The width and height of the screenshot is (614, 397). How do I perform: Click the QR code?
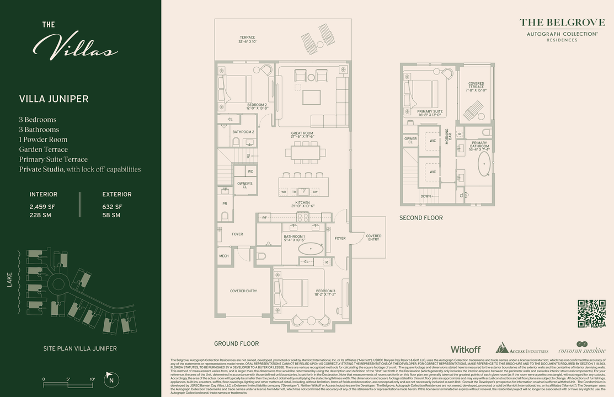(591, 314)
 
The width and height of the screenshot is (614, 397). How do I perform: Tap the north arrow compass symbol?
(111, 379)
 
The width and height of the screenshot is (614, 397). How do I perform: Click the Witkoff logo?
(466, 350)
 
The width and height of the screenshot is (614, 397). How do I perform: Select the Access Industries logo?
(522, 348)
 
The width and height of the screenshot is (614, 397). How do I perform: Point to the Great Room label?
(302, 133)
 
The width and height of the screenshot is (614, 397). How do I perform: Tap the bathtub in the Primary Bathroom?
(484, 164)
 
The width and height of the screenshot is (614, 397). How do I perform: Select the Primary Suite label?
(430, 111)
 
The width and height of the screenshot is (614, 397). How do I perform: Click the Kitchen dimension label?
(302, 206)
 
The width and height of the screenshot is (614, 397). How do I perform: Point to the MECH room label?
(223, 256)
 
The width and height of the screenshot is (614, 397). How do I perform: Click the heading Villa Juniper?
(54, 99)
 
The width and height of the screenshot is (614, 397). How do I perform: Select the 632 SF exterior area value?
(112, 207)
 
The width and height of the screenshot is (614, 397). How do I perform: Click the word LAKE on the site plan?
(9, 281)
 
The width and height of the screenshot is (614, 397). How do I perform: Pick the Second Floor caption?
(421, 218)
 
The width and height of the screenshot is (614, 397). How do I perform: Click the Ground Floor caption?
(236, 344)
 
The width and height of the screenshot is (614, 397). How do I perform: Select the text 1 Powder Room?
(43, 140)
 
